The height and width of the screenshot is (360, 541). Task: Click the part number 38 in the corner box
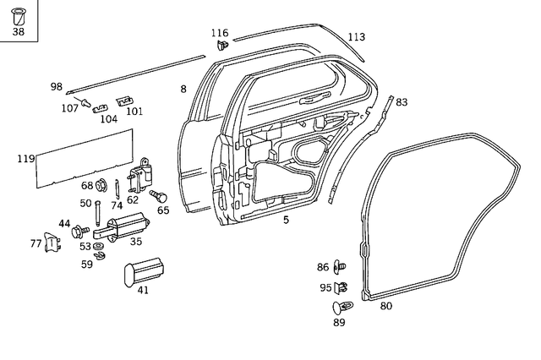pyautogui.click(x=19, y=33)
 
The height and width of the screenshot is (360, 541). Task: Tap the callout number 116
pyautogui.click(x=221, y=32)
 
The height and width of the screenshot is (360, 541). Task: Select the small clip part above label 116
pyautogui.click(x=222, y=44)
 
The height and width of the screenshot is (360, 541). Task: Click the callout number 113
pyautogui.click(x=357, y=37)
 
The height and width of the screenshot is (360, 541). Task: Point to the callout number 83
pyautogui.click(x=402, y=102)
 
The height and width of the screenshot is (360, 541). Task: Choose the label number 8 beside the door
pyautogui.click(x=183, y=89)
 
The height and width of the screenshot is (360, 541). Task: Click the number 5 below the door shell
pyautogui.click(x=286, y=220)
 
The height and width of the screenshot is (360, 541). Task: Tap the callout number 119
pyautogui.click(x=25, y=158)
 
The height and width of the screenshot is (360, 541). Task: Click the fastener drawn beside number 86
pyautogui.click(x=342, y=267)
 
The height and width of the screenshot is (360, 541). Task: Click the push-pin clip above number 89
pyautogui.click(x=343, y=307)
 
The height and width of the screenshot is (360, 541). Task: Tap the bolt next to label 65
pyautogui.click(x=156, y=196)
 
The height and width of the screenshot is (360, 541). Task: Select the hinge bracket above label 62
pyautogui.click(x=139, y=177)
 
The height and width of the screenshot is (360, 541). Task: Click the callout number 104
pyautogui.click(x=108, y=119)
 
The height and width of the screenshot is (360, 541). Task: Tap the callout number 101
pyautogui.click(x=134, y=111)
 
